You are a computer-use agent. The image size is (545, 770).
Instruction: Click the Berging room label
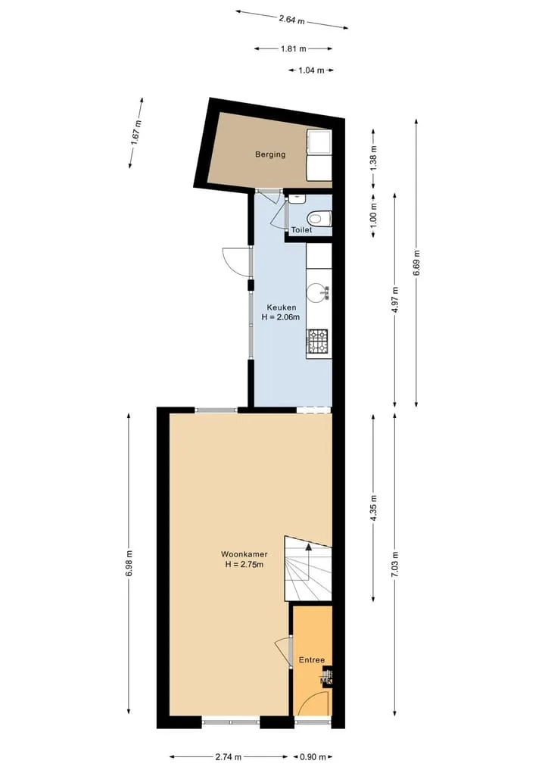270,154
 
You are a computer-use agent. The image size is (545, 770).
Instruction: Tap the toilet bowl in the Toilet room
319,218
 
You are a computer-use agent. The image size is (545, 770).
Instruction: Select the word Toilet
301,230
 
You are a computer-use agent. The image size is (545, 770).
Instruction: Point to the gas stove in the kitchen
318,341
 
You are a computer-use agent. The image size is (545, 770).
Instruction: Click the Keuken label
282,307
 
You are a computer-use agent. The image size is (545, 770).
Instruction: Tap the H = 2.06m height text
280,317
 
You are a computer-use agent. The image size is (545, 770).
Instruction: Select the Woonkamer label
244,554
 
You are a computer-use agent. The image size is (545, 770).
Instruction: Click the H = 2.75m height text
244,564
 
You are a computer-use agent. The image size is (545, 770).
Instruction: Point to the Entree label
312,660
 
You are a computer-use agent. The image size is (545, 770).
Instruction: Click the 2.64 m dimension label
291,20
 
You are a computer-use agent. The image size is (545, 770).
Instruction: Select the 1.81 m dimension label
294,48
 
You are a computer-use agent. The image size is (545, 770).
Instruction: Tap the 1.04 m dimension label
311,70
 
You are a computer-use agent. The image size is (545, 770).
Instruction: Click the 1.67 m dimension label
136,132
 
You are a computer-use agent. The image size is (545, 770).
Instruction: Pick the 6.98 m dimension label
129,564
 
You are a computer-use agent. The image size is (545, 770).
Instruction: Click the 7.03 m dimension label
395,565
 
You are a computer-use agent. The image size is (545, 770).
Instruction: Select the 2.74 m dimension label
229,757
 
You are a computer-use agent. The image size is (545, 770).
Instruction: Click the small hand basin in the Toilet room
297,199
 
